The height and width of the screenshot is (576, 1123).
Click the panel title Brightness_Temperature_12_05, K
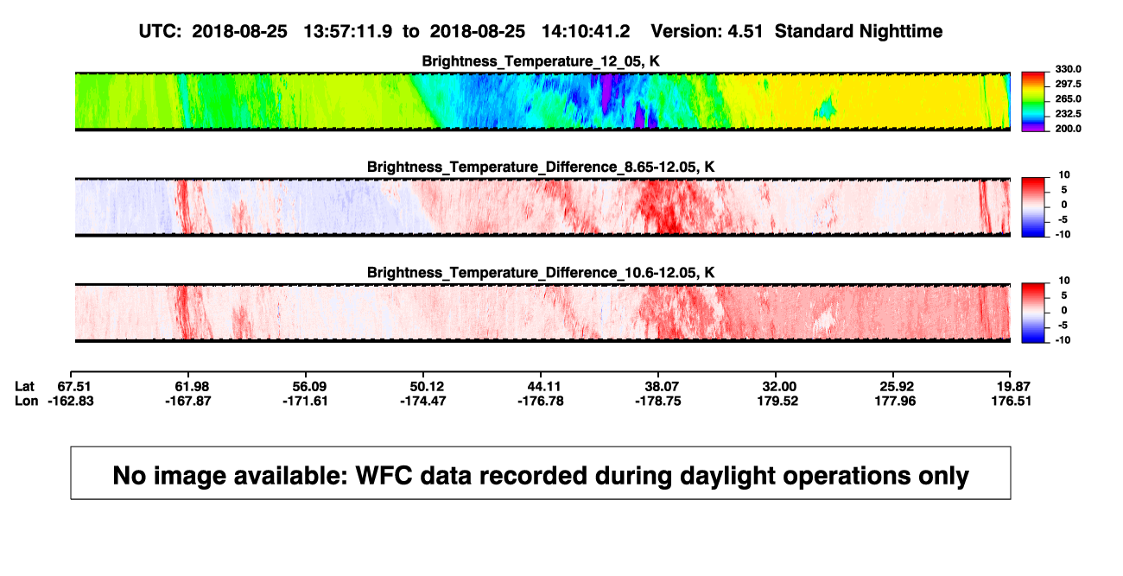coord(541,61)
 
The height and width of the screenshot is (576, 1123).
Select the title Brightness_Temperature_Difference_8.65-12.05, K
coord(541,167)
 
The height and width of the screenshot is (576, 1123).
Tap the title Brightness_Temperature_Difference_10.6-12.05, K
coord(541,273)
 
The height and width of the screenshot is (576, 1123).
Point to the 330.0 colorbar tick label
coord(1068,69)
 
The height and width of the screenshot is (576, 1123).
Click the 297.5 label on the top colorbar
coord(1068,84)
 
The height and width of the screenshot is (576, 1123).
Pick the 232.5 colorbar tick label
coord(1068,114)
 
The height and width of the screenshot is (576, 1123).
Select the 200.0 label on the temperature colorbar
coord(1068,129)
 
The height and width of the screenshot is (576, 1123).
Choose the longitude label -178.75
coord(658,401)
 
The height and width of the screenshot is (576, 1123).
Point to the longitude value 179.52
coord(777,401)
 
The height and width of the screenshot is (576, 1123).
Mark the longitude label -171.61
coord(305,401)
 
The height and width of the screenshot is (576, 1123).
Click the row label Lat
coord(24,387)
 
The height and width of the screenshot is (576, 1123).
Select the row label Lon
coord(27,401)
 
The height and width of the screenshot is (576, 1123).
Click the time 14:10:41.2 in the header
coord(586,31)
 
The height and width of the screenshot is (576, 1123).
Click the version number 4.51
coord(745,31)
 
